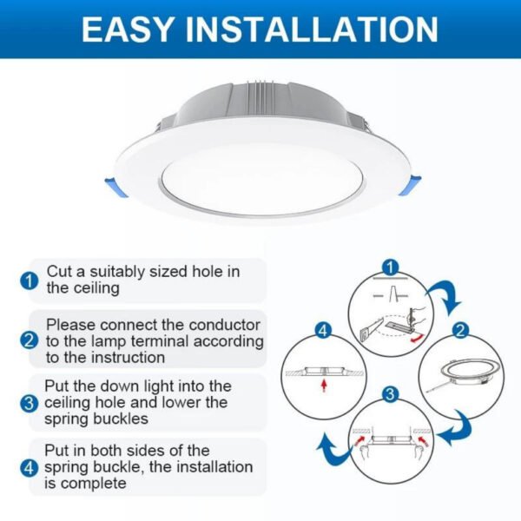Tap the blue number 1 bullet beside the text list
(x=30, y=280)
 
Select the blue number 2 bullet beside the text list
(x=30, y=340)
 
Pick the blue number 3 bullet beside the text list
(x=30, y=403)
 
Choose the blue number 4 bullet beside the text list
(x=30, y=467)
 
